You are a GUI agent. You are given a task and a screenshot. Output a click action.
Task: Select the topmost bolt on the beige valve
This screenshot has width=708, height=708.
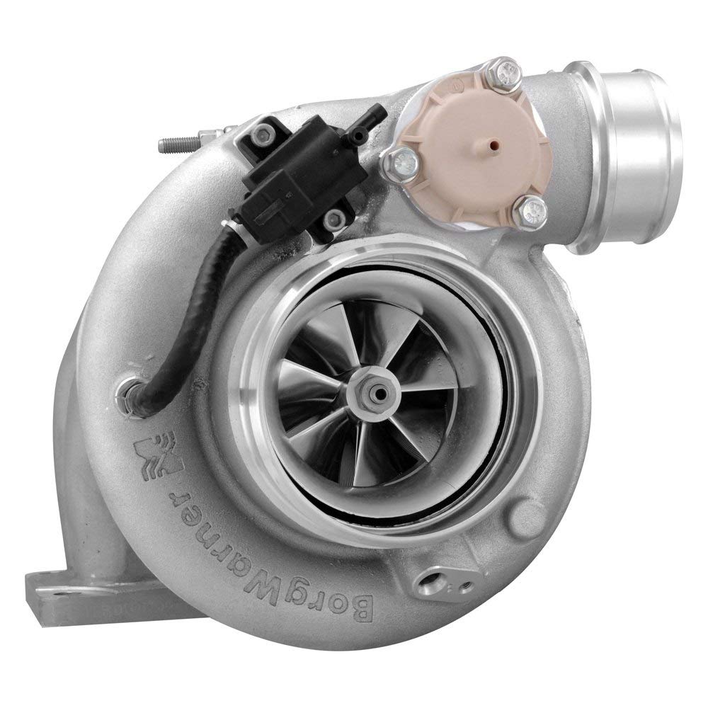[506, 71]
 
